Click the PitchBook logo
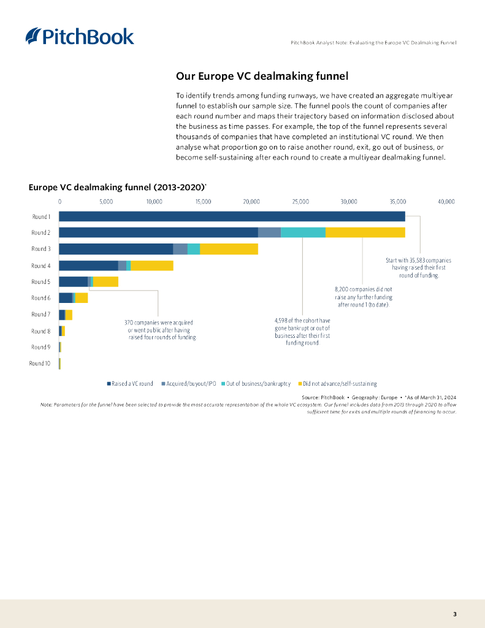click(x=80, y=36)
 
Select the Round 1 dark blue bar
click(x=232, y=216)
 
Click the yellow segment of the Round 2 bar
click(x=365, y=232)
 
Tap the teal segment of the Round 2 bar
click(x=303, y=232)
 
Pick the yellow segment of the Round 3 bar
click(x=229, y=249)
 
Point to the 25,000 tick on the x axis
click(x=300, y=201)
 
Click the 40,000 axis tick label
click(x=446, y=201)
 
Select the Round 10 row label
click(x=40, y=364)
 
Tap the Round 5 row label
click(x=41, y=282)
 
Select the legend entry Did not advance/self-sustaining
click(x=340, y=384)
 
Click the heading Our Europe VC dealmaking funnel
click(x=262, y=77)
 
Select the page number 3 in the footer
click(x=454, y=614)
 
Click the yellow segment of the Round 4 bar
click(x=152, y=266)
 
